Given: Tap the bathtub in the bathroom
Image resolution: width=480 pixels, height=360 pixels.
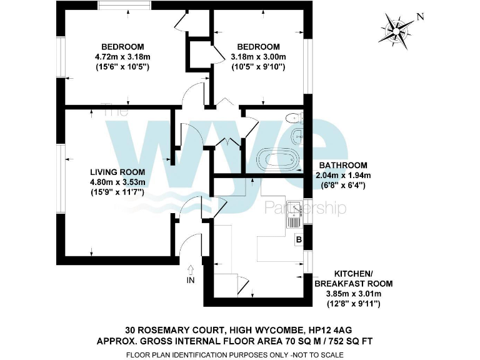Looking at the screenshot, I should pyautogui.click(x=278, y=159).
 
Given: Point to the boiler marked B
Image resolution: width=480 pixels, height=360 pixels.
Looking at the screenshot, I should pyautogui.click(x=299, y=239).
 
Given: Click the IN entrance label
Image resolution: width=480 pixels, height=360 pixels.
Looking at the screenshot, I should pyautogui.click(x=191, y=281).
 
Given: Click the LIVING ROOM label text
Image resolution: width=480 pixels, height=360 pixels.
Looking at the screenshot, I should pyautogui.click(x=117, y=172).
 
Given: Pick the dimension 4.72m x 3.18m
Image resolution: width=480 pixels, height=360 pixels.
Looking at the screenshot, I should pyautogui.click(x=123, y=57).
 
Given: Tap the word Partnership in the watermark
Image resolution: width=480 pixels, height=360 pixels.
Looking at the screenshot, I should pyautogui.click(x=306, y=208).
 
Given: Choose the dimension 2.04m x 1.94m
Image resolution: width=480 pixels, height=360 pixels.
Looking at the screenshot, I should pyautogui.click(x=344, y=176).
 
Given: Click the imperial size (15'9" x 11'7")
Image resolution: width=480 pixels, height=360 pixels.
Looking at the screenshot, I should pyautogui.click(x=117, y=192).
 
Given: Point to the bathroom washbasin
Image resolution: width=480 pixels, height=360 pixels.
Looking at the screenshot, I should pyautogui.click(x=296, y=136).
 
